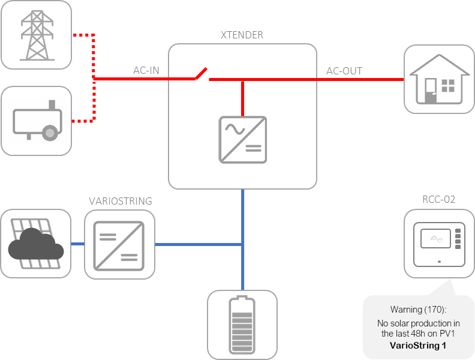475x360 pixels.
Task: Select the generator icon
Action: click(x=36, y=122)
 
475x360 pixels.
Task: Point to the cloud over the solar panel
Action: click(x=36, y=247)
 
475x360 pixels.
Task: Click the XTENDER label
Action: click(x=242, y=35)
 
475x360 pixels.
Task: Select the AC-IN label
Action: click(x=146, y=71)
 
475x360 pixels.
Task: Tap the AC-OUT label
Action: click(x=344, y=71)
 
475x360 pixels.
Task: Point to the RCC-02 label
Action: click(x=438, y=199)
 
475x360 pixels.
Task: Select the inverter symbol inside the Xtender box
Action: click(x=242, y=139)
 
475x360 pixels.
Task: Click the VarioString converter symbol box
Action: click(x=115, y=244)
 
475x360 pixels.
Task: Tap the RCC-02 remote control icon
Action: click(x=438, y=243)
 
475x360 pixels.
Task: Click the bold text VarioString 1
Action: click(x=418, y=346)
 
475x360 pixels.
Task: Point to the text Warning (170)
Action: click(x=418, y=310)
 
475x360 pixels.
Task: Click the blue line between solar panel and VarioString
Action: click(x=77, y=244)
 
